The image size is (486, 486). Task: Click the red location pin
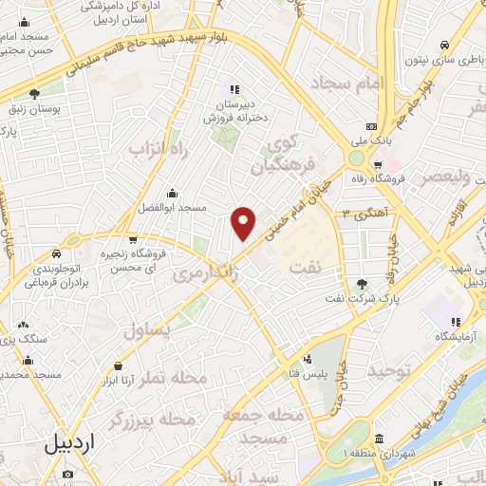click(244, 223)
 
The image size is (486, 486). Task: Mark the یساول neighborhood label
click(147, 328)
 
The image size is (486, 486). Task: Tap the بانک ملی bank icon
click(371, 126)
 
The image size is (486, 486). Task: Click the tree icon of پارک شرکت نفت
click(361, 283)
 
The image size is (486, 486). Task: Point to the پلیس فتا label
click(308, 374)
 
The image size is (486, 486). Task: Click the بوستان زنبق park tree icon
click(35, 94)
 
